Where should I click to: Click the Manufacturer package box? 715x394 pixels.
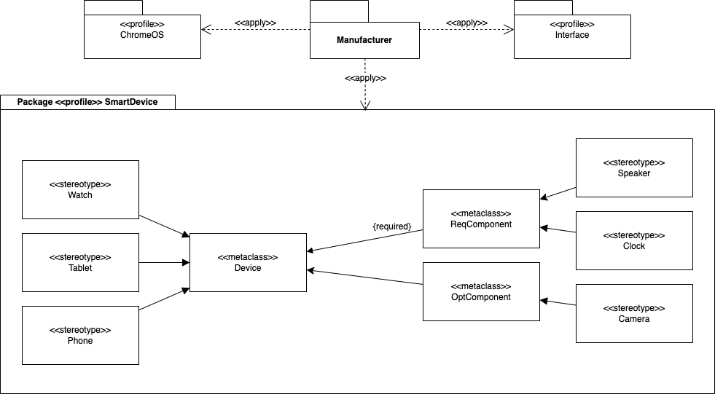(x=364, y=40)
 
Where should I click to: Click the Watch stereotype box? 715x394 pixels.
(x=80, y=189)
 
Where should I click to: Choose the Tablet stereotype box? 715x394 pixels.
(x=80, y=262)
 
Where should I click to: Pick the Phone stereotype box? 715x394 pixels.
(x=80, y=335)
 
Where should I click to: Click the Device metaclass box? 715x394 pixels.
(x=248, y=262)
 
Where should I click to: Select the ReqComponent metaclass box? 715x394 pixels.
(x=481, y=218)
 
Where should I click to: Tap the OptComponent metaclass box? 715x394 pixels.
(x=481, y=291)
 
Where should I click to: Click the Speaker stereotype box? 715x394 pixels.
(x=634, y=168)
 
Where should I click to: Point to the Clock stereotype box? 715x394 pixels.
(x=634, y=240)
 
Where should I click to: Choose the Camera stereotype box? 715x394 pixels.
(x=634, y=313)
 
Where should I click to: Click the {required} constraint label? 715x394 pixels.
(x=392, y=226)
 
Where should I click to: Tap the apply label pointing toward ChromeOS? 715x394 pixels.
(x=255, y=23)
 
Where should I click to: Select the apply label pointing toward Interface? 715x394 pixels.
(x=466, y=23)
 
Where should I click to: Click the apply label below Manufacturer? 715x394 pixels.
(x=364, y=78)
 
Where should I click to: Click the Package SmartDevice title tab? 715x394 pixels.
(x=87, y=102)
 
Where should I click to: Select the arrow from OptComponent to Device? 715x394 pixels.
(x=364, y=277)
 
